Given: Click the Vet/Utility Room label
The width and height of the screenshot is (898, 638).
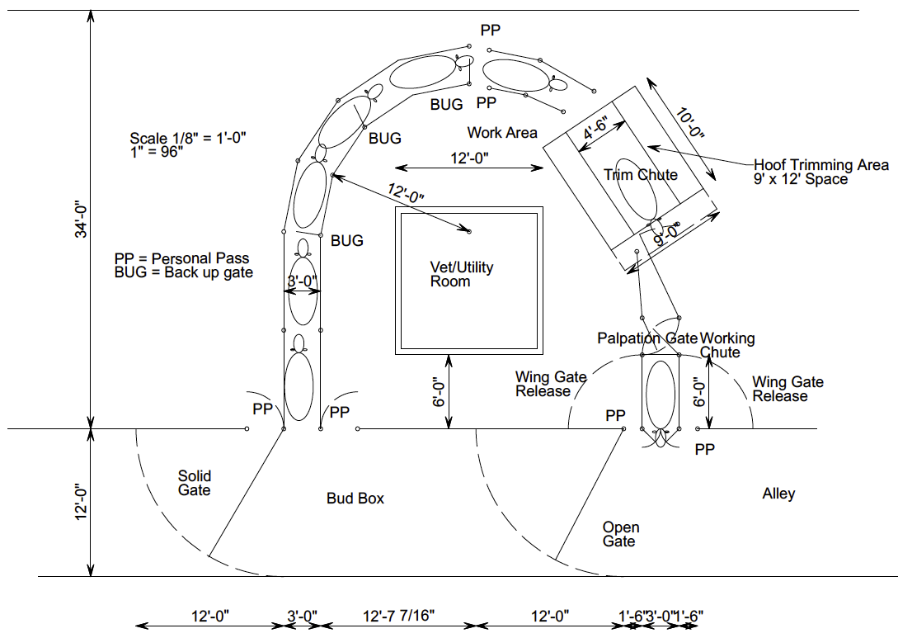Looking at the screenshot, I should (x=462, y=274).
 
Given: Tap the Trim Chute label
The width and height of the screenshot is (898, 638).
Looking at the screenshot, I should (x=641, y=174).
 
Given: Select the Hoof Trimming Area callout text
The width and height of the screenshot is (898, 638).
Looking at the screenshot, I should (x=821, y=172).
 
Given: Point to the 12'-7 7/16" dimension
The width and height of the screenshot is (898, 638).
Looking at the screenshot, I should (x=398, y=616).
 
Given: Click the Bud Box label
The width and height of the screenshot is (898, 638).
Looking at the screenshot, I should (x=355, y=499).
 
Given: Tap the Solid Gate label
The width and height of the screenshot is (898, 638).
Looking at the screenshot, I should (x=195, y=483).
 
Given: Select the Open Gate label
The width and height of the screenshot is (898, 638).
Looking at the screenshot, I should (x=620, y=534).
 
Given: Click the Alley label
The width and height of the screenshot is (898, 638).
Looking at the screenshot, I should (x=778, y=494).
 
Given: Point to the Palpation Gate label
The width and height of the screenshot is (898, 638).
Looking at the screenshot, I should (x=647, y=338).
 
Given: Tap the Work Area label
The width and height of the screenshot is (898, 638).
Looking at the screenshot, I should (x=502, y=132).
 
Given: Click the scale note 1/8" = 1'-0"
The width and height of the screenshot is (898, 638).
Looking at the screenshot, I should (x=189, y=138).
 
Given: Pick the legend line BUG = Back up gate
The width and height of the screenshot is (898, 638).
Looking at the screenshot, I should (x=184, y=272).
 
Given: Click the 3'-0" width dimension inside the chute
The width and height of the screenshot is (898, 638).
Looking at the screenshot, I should (x=303, y=281).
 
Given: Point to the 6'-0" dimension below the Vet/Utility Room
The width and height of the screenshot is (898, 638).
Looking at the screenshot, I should (x=440, y=391).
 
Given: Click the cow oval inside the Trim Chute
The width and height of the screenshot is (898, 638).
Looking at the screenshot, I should (x=637, y=189).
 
